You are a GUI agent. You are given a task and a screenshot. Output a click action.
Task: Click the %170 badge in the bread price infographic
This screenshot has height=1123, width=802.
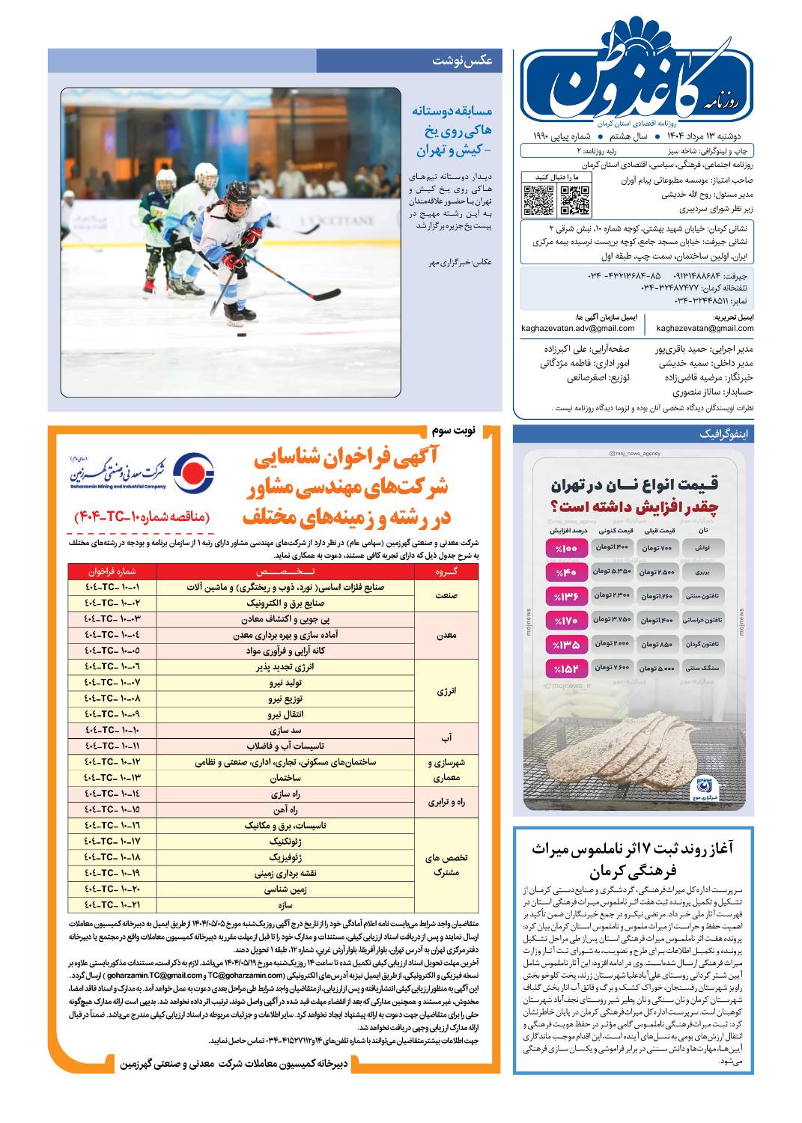click(x=566, y=620)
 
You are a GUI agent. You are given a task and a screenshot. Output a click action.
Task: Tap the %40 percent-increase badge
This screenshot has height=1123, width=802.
click(x=566, y=573)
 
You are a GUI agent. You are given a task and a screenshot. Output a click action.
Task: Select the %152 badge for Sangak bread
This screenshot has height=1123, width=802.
click(x=566, y=668)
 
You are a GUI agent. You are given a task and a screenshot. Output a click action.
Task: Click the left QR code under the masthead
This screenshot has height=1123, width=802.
click(x=538, y=198)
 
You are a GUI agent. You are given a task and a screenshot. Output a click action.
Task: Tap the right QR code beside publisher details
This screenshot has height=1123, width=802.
click(x=574, y=199)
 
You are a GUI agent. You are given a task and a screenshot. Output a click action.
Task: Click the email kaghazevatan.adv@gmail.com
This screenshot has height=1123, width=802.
click(x=579, y=328)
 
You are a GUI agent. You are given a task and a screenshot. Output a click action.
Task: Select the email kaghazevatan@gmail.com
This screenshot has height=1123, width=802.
click(x=705, y=328)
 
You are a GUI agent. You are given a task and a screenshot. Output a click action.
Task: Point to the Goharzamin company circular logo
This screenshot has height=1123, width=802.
click(x=193, y=472)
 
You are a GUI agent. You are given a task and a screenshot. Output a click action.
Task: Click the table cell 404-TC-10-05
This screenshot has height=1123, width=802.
click(x=112, y=651)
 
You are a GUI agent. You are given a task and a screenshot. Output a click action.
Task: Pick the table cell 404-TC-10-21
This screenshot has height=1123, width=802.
click(x=112, y=904)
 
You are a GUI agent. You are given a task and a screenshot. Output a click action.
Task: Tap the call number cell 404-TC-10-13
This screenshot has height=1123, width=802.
click(x=112, y=778)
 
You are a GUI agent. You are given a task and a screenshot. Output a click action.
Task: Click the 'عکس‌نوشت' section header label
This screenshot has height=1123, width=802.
click(x=462, y=61)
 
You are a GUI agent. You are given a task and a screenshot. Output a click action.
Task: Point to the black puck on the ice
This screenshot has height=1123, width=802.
click(x=242, y=335)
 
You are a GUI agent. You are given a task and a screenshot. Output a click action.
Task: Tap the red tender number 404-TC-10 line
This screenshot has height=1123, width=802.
click(x=142, y=517)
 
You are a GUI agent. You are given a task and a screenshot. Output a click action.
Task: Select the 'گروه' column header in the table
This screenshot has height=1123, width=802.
click(x=446, y=571)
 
